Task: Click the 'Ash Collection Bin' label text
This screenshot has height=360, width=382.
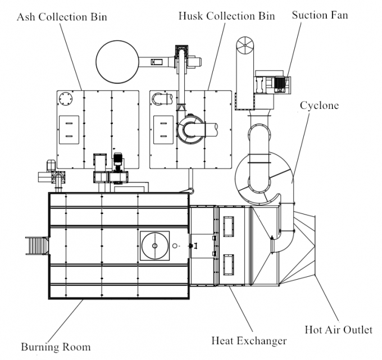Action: (x=62, y=17)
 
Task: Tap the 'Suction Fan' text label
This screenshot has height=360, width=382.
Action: (x=320, y=15)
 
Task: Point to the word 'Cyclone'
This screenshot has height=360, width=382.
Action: (x=319, y=105)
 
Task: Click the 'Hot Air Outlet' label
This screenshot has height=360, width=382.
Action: (x=338, y=329)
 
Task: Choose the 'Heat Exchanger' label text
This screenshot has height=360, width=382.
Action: (x=249, y=340)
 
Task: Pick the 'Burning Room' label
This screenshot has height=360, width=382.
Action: (x=56, y=346)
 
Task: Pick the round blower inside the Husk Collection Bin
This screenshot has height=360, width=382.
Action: (x=191, y=128)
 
